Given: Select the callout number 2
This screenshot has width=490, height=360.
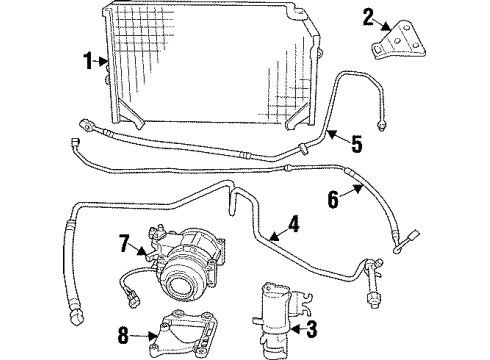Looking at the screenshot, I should [x=367, y=16].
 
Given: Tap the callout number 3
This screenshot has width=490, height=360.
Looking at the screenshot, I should [x=311, y=326].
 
